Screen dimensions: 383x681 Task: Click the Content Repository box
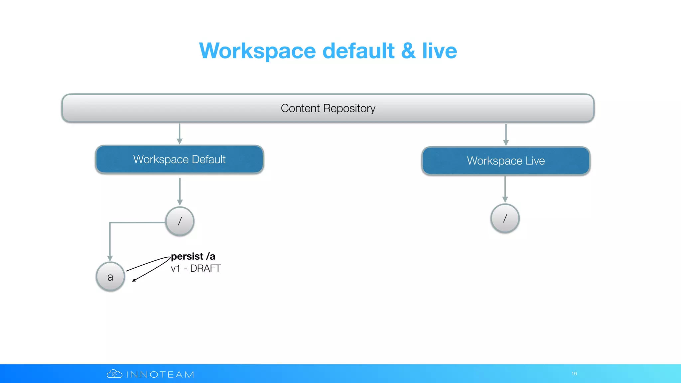click(x=328, y=108)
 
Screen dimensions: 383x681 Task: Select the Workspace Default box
click(x=180, y=160)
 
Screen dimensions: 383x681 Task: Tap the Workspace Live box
click(x=506, y=161)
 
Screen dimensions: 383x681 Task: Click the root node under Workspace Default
click(x=180, y=221)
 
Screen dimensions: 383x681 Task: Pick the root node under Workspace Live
click(x=505, y=218)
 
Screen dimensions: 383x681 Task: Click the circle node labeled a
click(x=110, y=277)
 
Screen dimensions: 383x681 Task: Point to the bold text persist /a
click(x=193, y=256)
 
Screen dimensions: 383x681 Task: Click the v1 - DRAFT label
click(x=196, y=268)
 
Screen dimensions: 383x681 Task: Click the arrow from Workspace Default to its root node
click(x=180, y=191)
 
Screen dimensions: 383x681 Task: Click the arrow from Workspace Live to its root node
click(x=505, y=189)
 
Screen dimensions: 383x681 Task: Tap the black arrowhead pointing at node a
click(x=134, y=280)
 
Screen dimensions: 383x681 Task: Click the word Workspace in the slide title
click(x=257, y=51)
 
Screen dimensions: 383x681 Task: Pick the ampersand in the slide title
click(x=408, y=51)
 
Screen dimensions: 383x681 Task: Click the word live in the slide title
click(x=440, y=51)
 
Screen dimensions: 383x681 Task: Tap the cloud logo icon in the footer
click(x=114, y=374)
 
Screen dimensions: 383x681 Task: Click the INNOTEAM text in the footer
click(x=160, y=375)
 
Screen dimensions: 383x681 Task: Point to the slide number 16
click(x=574, y=374)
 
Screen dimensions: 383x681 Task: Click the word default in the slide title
click(x=358, y=51)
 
